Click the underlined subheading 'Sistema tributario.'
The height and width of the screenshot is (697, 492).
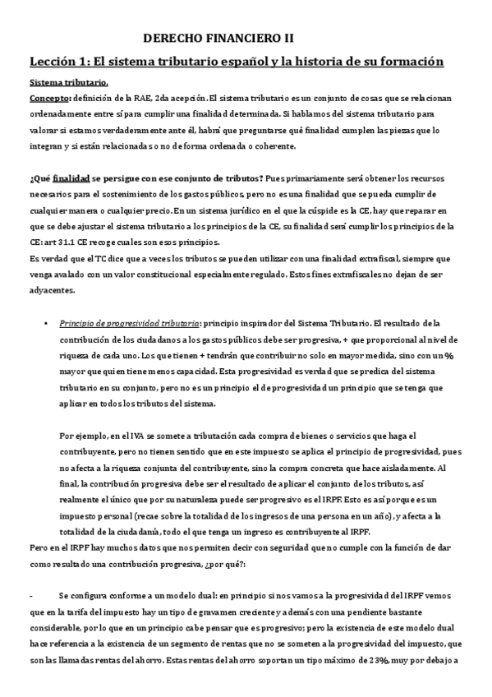coord(68,84)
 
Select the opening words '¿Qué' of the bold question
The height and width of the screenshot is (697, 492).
coord(40,179)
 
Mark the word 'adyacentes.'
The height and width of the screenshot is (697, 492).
coord(52,288)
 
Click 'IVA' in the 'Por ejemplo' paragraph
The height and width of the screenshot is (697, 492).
coord(133,436)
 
